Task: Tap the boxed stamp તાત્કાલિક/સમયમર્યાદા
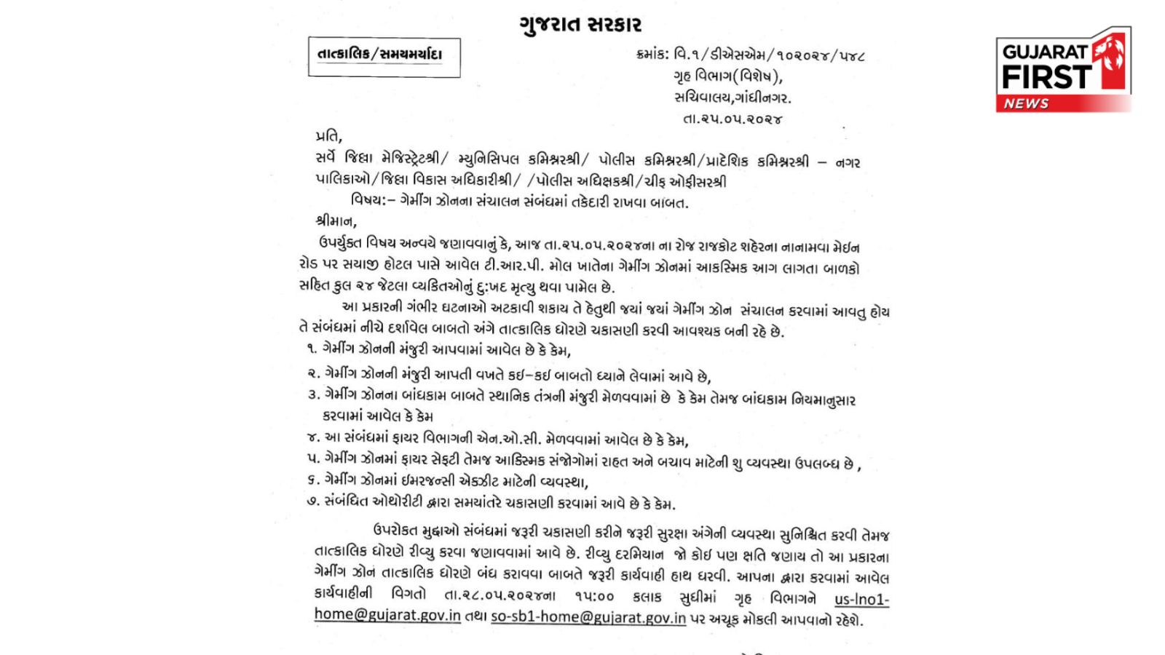(380, 55)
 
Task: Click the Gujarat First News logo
(1062, 71)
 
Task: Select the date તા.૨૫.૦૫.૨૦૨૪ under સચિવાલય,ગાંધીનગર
(732, 119)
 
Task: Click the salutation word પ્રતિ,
(328, 136)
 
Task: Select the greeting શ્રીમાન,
(336, 221)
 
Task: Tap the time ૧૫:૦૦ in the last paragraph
(594, 597)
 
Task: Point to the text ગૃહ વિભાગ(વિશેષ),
(727, 76)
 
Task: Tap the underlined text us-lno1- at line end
(861, 599)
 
